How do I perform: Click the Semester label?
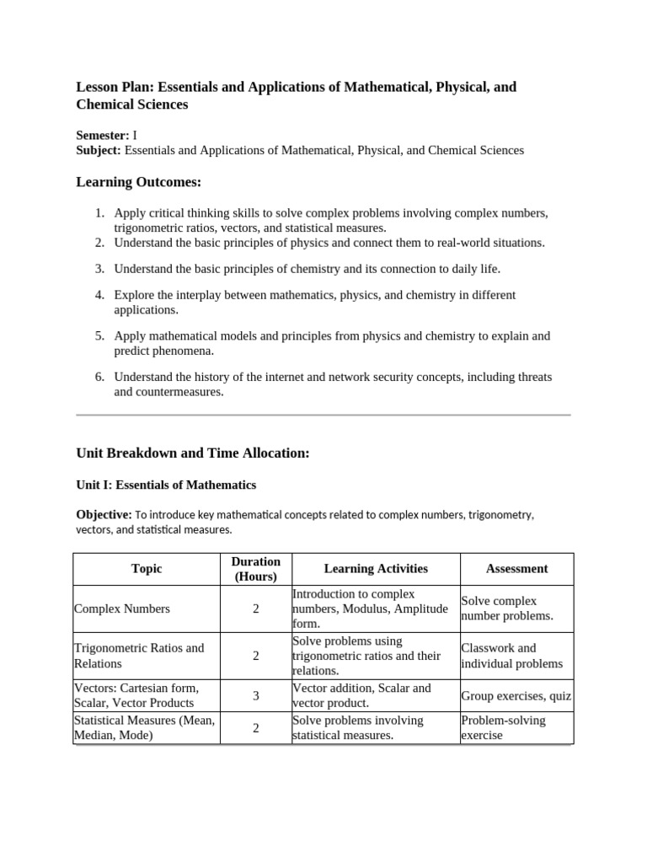point(103,135)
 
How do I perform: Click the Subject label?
point(99,150)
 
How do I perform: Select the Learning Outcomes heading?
point(139,182)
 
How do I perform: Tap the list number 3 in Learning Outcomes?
point(99,269)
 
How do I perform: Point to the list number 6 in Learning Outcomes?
point(99,377)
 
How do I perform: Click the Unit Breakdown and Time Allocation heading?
point(193,453)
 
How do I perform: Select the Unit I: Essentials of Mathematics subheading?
point(166,485)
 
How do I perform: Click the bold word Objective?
point(104,514)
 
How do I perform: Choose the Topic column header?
point(147,569)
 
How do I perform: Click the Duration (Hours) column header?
point(255,569)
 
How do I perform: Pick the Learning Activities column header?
point(376,569)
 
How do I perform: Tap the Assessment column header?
point(516,569)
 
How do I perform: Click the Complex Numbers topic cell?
point(122,608)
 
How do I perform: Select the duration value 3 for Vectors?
point(255,695)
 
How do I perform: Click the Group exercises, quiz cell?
point(516,696)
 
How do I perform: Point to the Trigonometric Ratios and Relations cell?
point(139,656)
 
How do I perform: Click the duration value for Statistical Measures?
point(255,727)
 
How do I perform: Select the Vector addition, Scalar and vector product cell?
point(361,695)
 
